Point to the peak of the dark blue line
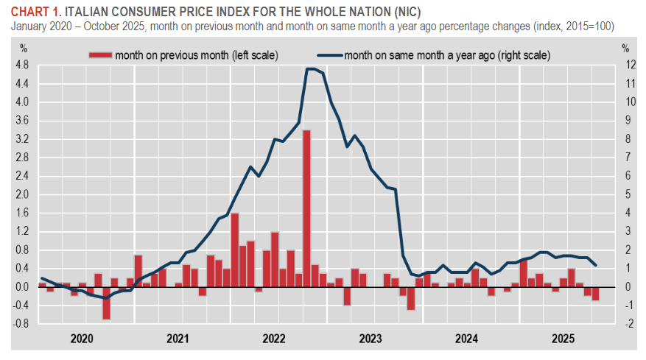pyautogui.click(x=311, y=68)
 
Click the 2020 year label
pyautogui.click(x=82, y=339)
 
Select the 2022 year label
pyautogui.click(x=274, y=339)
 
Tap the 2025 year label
pyautogui.click(x=563, y=339)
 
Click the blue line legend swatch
pyautogui.click(x=329, y=54)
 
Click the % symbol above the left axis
pyautogui.click(x=23, y=49)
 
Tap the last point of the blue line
pyautogui.click(x=595, y=265)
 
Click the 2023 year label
pyautogui.click(x=371, y=339)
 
